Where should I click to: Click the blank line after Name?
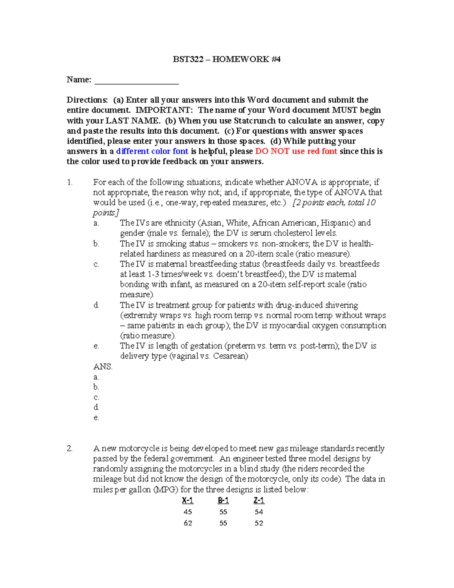[136, 81]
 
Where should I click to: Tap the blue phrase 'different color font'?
[152, 151]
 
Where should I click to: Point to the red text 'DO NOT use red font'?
[296, 151]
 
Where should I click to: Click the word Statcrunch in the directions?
[255, 121]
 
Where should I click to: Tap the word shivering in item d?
[339, 305]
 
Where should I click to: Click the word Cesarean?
[230, 356]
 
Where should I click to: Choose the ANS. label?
[103, 367]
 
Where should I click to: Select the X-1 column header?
[188, 501]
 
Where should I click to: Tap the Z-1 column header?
[259, 501]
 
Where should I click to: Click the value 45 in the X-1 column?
[188, 512]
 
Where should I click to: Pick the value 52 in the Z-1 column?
[259, 523]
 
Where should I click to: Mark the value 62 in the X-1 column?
[188, 523]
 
